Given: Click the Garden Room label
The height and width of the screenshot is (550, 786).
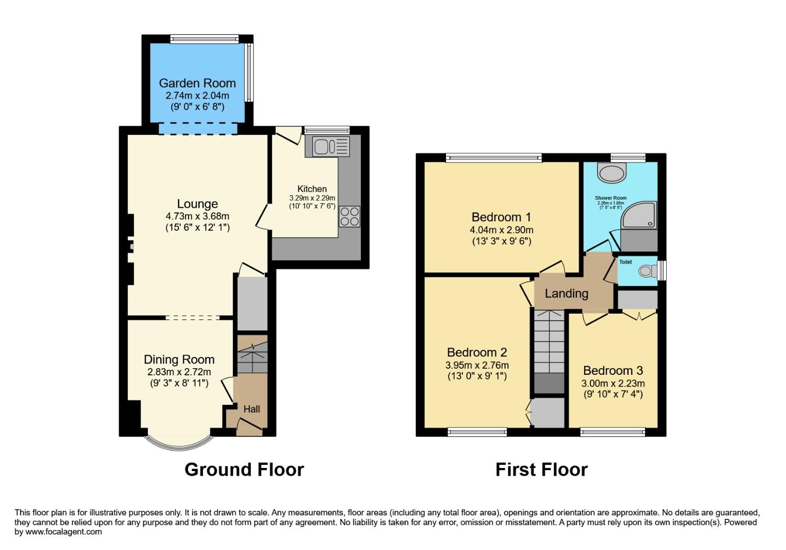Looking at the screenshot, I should (197, 83).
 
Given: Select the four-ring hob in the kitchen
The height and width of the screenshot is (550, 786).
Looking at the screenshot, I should (350, 216).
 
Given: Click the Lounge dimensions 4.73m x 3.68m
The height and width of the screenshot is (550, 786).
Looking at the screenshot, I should (197, 216).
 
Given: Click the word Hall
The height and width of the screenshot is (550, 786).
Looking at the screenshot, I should (252, 409).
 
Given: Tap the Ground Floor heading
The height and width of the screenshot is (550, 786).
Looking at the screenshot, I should (244, 469).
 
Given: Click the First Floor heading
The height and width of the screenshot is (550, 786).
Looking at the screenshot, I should (541, 469).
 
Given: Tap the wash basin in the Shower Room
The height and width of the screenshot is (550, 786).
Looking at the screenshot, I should (612, 173).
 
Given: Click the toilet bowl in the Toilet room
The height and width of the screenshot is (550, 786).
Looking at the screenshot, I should (647, 271).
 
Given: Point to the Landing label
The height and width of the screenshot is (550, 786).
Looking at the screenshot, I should (566, 293).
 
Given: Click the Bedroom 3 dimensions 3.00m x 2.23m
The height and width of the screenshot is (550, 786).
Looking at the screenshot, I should (613, 383).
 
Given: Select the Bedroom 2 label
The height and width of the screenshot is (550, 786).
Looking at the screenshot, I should (477, 352).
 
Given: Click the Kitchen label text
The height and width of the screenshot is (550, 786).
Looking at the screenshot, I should (312, 189).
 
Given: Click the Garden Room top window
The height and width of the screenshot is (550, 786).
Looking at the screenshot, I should (204, 39).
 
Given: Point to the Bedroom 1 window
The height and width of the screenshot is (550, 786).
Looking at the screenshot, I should (493, 158).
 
